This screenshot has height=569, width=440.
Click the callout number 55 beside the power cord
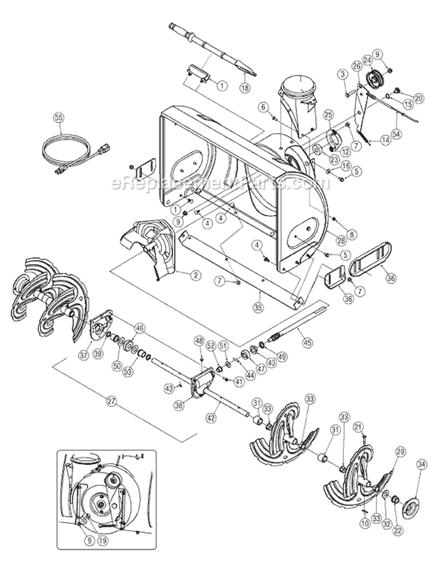[x=58, y=116]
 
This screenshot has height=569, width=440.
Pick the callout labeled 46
[x=139, y=328]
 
